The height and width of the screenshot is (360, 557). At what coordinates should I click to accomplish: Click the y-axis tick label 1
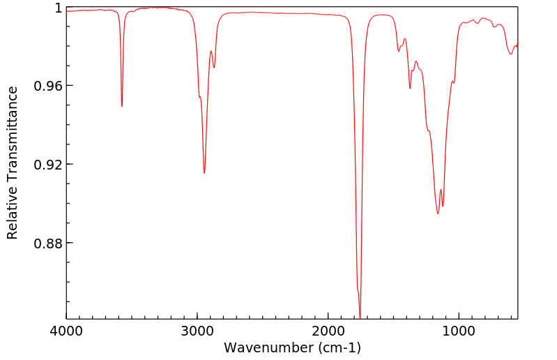click(58, 8)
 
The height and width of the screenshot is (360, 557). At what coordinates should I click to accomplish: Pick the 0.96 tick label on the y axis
click(49, 86)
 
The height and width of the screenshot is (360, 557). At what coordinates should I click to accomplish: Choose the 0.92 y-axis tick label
click(49, 165)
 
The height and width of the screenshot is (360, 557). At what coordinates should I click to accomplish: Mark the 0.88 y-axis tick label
click(49, 243)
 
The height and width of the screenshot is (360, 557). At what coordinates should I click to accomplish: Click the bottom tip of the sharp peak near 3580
click(122, 106)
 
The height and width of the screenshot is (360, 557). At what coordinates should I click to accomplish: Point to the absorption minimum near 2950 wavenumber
click(204, 173)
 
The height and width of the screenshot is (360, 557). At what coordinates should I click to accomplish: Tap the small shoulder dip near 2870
click(214, 67)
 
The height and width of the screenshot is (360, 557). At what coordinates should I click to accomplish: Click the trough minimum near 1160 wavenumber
click(438, 213)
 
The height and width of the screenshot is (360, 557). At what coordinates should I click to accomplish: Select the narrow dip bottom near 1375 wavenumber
click(410, 89)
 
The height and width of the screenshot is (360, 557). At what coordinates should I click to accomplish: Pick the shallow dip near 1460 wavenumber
click(399, 51)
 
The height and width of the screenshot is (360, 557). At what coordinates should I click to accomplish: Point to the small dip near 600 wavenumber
click(511, 54)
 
